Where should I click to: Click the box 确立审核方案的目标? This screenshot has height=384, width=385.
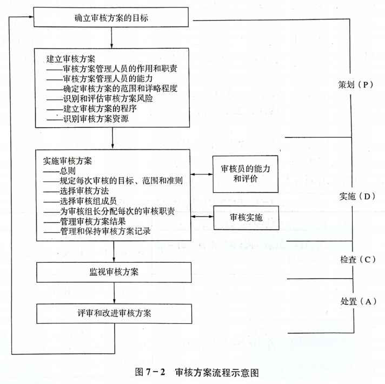click(111, 17)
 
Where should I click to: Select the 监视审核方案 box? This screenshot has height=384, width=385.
click(114, 272)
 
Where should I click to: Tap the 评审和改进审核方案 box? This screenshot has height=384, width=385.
click(114, 314)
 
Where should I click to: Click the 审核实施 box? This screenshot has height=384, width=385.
click(246, 218)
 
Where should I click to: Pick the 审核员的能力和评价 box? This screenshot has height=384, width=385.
click(245, 174)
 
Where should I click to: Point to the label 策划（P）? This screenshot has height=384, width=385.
click(356, 85)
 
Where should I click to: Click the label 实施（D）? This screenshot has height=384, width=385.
click(357, 196)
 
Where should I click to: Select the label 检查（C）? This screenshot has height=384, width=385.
click(358, 259)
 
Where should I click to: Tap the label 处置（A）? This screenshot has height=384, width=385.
click(359, 301)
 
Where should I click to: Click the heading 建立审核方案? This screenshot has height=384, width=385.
click(71, 59)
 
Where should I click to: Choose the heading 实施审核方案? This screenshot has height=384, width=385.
click(68, 161)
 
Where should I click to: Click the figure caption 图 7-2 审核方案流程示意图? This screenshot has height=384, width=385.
click(197, 372)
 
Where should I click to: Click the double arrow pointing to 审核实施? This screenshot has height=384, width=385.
click(202, 217)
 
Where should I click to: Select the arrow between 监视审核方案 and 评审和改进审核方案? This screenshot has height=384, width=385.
click(114, 293)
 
